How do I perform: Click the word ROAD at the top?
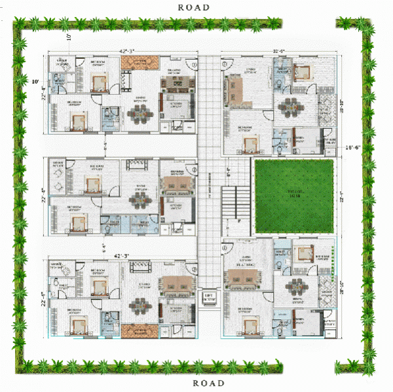tap(193, 7)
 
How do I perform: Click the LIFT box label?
tap(210, 296)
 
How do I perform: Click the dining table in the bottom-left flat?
tap(139, 306)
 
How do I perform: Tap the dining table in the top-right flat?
tap(290, 107)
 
